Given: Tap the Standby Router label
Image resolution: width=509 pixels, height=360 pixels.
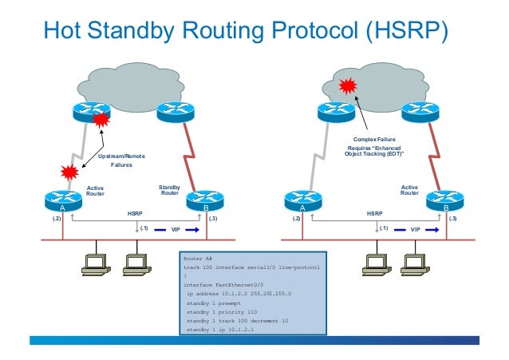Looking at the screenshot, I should click(170, 190).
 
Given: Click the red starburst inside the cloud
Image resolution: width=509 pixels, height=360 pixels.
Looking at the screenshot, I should click(347, 84).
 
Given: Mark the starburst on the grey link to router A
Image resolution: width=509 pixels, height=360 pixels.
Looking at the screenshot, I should click(67, 172).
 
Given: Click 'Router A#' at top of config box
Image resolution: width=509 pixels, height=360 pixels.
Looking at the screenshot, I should click(199, 259).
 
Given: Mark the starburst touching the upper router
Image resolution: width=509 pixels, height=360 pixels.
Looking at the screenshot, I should click(101, 121).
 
